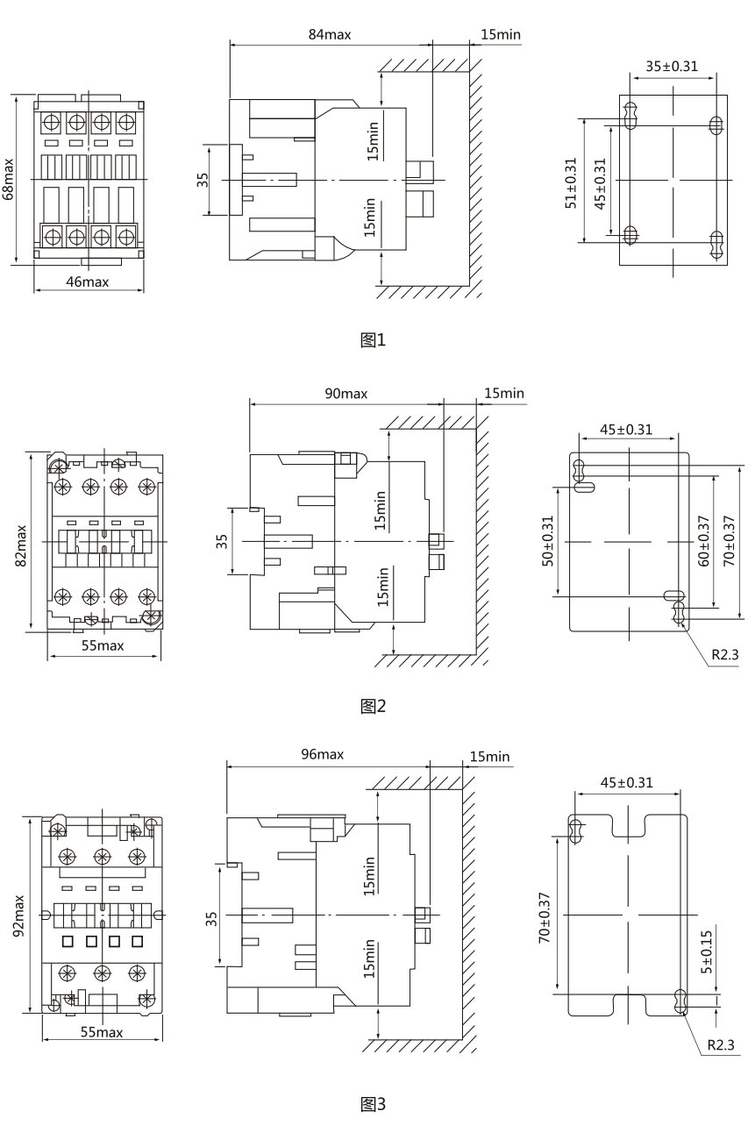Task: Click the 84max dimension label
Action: [329, 34]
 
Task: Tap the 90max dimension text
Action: [345, 393]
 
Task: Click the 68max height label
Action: [9, 179]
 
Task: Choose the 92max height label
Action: [20, 915]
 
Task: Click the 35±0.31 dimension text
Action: [672, 66]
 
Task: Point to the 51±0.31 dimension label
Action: [571, 182]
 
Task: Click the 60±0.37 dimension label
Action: [703, 541]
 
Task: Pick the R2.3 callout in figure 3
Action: [722, 1045]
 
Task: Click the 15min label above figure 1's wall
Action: [501, 34]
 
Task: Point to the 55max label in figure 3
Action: [102, 1032]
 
